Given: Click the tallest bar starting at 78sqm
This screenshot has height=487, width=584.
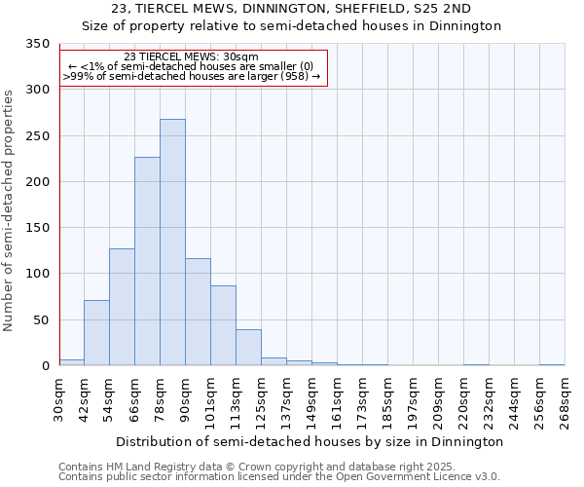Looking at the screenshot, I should pos(172,243).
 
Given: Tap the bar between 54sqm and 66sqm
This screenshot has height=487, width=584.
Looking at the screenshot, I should pos(122,307).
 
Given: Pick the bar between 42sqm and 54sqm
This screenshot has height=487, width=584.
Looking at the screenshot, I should pos(96,333).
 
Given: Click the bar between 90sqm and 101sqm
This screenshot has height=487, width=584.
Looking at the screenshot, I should pos(198,312).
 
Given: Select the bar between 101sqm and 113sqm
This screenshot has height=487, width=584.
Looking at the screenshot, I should pos(223,325).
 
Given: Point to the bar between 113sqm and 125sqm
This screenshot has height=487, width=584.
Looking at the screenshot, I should pos(248,348).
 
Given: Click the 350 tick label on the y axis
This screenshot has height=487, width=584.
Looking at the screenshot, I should pos(36,45).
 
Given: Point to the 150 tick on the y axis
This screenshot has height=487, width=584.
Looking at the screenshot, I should pos(36,228).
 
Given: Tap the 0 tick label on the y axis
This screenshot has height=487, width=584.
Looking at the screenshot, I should pos(45,366).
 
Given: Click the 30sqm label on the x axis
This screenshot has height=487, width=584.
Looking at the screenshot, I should pos(59,400).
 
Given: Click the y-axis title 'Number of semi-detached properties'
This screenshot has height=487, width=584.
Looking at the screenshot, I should pos(9,209).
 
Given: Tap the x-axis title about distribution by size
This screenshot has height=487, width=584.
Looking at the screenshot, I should pos(311,441).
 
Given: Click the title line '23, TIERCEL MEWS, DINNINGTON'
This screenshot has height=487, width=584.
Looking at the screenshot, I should pos(291,9).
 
